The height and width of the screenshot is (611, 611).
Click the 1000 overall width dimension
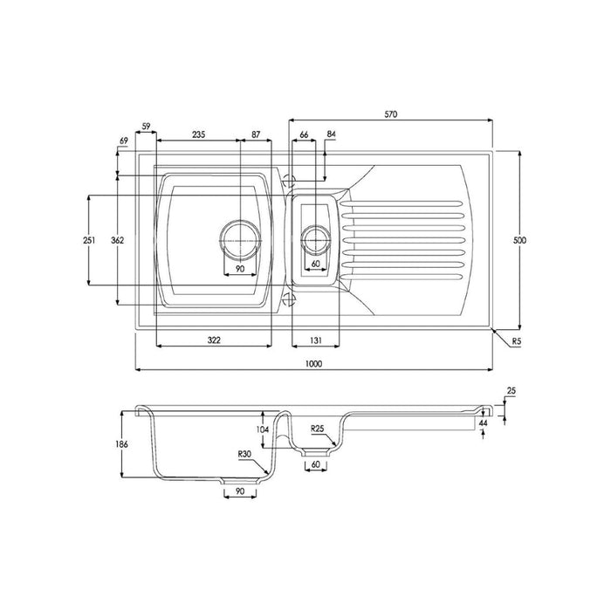coord(313,364)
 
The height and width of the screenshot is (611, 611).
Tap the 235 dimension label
coord(198,134)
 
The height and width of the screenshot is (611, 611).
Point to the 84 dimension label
coord(331,134)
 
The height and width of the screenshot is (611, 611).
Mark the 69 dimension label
coord(125,141)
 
